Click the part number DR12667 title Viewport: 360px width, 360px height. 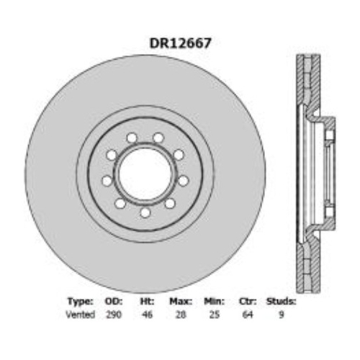[x=180, y=42]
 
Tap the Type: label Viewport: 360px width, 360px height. [x=80, y=302]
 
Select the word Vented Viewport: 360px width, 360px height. [x=81, y=315]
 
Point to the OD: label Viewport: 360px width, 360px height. [x=113, y=302]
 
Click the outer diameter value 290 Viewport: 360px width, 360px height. [x=113, y=315]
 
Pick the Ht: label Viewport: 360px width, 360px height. [x=147, y=302]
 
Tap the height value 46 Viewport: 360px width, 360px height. [x=147, y=315]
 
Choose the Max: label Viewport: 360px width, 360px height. [x=180, y=302]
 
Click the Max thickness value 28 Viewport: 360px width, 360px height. [x=180, y=315]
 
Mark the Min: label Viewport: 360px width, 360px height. [x=213, y=302]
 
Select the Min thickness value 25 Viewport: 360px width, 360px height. [x=213, y=315]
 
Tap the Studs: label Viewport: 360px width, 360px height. [x=281, y=302]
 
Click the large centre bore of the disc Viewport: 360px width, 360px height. [x=145, y=174]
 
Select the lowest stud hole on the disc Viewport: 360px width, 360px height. [x=145, y=212]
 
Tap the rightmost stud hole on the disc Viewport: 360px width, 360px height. [x=183, y=180]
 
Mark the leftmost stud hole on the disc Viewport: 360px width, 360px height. [x=107, y=180]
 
